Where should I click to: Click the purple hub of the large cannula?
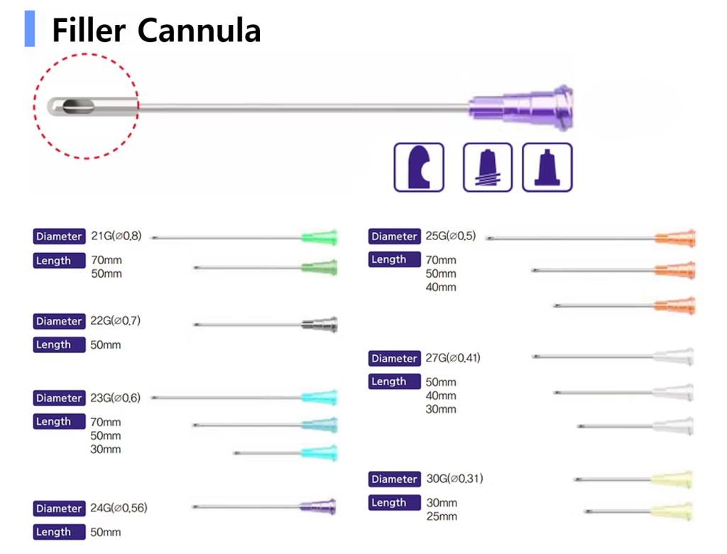point(522,108)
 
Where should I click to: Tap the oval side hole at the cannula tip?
point(77,107)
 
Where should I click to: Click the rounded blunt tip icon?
point(419,168)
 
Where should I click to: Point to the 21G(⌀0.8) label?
point(116,236)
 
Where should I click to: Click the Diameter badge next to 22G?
point(59,321)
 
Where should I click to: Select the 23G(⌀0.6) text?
point(116,398)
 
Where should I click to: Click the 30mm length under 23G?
point(106,449)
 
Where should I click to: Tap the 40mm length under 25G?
point(441,287)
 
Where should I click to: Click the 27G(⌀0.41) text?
point(453,358)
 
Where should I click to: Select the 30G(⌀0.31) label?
point(454,479)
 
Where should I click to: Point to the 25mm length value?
point(442,516)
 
